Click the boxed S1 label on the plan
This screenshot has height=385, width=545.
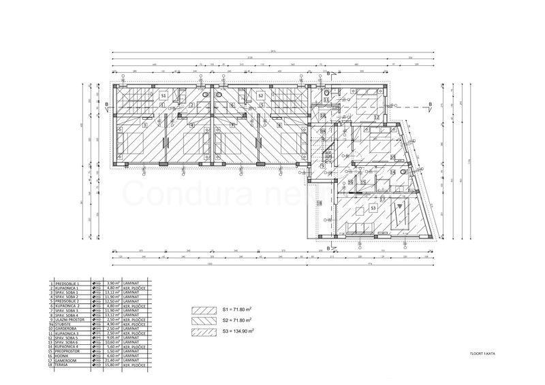[163, 97]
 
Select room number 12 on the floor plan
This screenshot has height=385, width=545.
[376, 117]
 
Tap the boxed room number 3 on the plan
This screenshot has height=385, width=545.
[145, 125]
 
